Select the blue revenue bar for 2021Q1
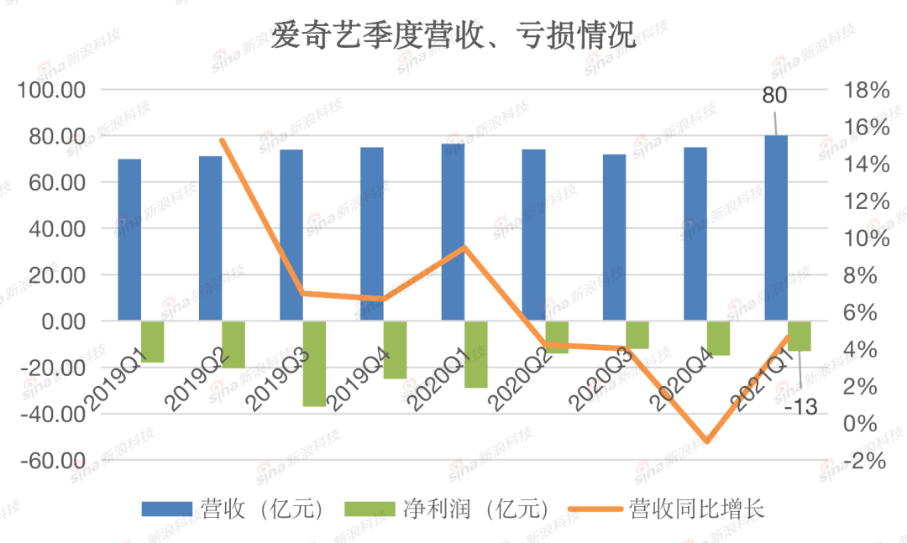tap(776, 227)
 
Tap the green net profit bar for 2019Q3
tap(314, 363)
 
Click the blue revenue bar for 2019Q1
tap(129, 239)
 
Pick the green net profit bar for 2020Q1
tap(476, 353)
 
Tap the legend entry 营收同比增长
tap(696, 509)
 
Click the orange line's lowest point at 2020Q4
tap(706, 441)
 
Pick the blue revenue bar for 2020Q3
tap(615, 238)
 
